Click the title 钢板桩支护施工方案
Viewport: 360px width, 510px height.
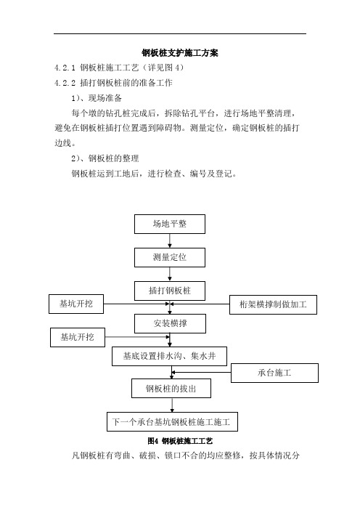pyautogui.click(x=180, y=53)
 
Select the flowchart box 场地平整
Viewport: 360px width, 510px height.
pyautogui.click(x=170, y=224)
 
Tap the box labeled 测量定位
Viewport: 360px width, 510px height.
pyautogui.click(x=170, y=258)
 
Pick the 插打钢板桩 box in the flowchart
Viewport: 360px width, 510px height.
pyautogui.click(x=170, y=291)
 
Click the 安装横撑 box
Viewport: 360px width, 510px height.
pyautogui.click(x=170, y=323)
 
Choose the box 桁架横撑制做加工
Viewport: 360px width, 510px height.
pyautogui.click(x=273, y=304)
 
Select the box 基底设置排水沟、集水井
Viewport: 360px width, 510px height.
pyautogui.click(x=169, y=356)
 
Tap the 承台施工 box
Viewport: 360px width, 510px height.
pyautogui.click(x=274, y=373)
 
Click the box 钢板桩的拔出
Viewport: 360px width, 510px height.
pyautogui.click(x=171, y=389)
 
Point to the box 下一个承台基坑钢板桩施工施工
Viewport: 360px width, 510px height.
pyautogui.click(x=172, y=422)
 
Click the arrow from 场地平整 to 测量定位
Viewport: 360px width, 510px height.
pyautogui.click(x=170, y=240)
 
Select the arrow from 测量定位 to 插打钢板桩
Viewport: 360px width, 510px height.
pyautogui.click(x=170, y=274)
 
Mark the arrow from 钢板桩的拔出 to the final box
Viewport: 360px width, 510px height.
pyautogui.click(x=172, y=405)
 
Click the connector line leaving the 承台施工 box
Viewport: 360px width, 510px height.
pyautogui.click(x=202, y=373)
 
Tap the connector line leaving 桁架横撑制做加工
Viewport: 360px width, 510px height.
pyautogui.click(x=200, y=304)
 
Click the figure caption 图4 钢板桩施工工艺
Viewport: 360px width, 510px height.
pyautogui.click(x=180, y=441)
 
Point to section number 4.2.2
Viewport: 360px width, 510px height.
pyautogui.click(x=65, y=84)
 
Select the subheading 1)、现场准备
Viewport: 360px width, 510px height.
pyautogui.click(x=97, y=98)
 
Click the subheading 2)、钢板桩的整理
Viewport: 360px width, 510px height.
pyautogui.click(x=105, y=158)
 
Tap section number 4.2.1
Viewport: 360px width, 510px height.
pyautogui.click(x=65, y=68)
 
